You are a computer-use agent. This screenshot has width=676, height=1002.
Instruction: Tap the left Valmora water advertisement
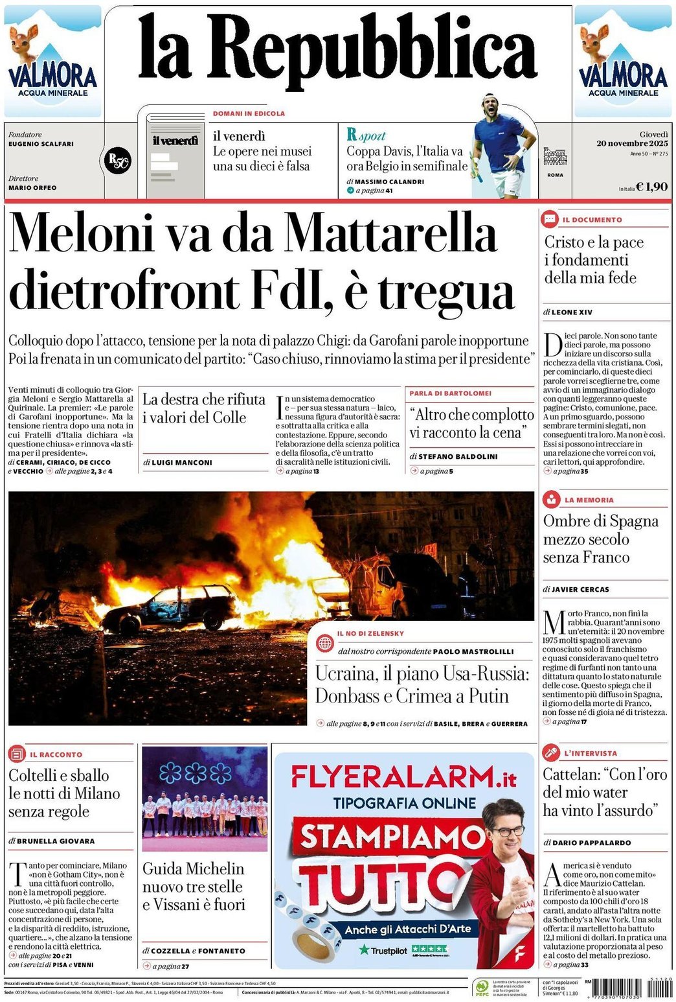[x=52, y=61]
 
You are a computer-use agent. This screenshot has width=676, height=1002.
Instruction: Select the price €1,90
[x=651, y=187]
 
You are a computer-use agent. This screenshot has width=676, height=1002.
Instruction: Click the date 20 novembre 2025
[x=632, y=143]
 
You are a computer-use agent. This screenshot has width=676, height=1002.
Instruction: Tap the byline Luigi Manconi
[x=181, y=462]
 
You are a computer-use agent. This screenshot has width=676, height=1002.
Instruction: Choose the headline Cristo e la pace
[x=594, y=242]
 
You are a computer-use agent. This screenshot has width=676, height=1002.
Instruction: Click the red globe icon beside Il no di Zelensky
[x=324, y=643]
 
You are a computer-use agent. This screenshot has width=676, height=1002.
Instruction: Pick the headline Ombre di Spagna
[x=600, y=521]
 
